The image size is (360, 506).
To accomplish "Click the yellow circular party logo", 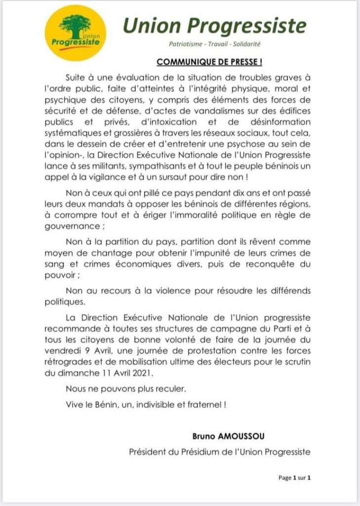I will [79, 33].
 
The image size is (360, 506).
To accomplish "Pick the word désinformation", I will [279, 122].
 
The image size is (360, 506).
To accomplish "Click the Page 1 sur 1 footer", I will [294, 477].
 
